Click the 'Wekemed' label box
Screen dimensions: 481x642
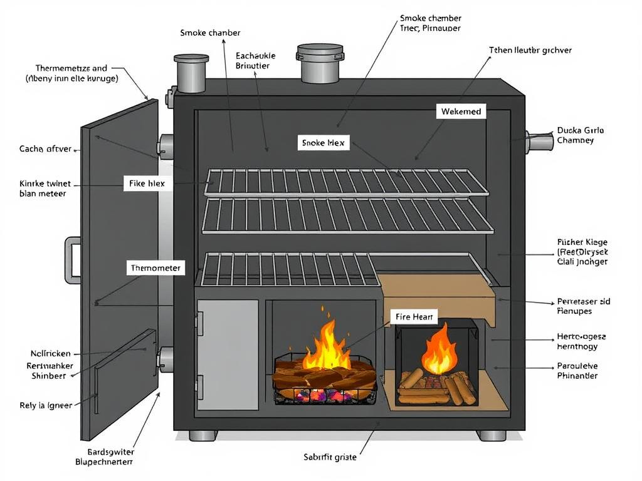(x=461, y=111)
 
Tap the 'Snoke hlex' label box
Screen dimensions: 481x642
(x=323, y=143)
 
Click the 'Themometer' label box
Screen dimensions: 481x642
(x=155, y=268)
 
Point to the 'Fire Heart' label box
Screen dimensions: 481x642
(x=414, y=317)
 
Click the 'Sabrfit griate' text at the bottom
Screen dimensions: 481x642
(x=330, y=457)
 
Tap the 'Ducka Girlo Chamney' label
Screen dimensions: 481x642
(x=580, y=135)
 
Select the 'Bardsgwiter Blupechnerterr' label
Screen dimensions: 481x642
(x=110, y=457)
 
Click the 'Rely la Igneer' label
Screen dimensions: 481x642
(x=46, y=405)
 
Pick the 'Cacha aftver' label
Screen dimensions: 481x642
(x=46, y=149)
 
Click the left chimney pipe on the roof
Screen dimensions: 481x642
(x=191, y=73)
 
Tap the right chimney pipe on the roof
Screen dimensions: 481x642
(x=320, y=63)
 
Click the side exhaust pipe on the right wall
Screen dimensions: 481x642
(x=539, y=142)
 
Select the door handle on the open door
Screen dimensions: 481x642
(x=71, y=260)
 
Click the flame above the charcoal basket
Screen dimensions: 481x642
(x=326, y=348)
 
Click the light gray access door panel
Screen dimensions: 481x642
(x=228, y=354)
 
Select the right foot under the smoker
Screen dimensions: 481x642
(x=491, y=435)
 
